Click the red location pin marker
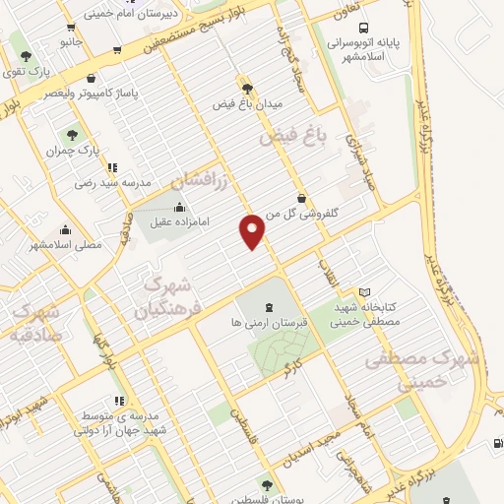[x=253, y=229]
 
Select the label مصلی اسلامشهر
[x=66, y=243]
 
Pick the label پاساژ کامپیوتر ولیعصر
[x=92, y=94]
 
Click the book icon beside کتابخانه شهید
[x=364, y=292]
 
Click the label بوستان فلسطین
[x=266, y=499]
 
